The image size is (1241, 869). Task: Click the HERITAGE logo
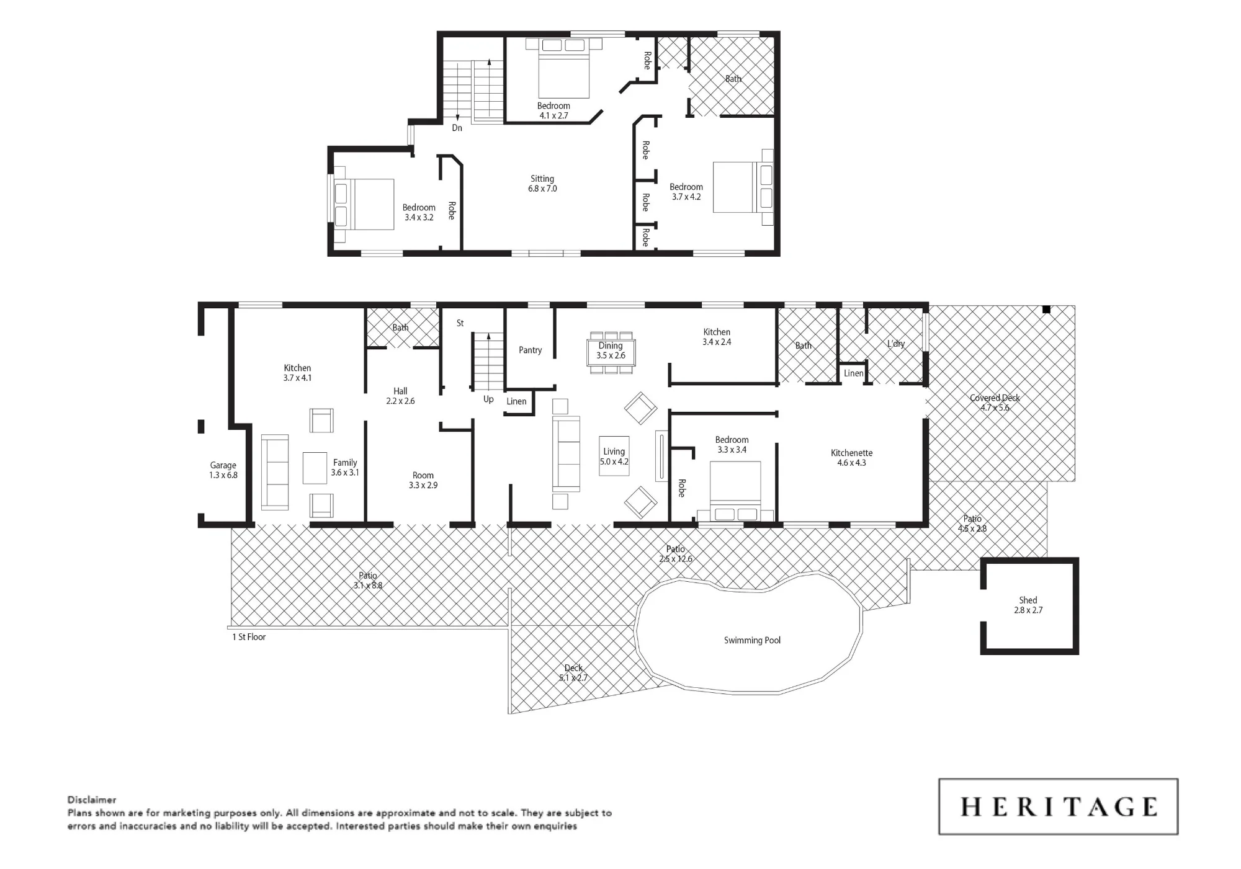(1058, 806)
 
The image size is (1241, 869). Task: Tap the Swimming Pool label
(752, 640)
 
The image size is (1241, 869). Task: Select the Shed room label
(1028, 605)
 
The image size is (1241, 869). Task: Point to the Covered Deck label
(995, 403)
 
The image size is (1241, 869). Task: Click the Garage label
(223, 470)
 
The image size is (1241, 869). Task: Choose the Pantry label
(531, 350)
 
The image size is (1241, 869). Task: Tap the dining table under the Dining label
(611, 353)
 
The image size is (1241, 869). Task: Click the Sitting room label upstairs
(542, 184)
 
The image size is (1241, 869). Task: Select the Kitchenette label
(851, 458)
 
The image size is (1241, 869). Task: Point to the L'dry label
(896, 344)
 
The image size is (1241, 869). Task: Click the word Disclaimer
(92, 800)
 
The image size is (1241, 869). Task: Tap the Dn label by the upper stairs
(457, 128)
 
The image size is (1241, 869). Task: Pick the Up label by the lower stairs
(488, 399)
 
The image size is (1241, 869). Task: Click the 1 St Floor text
(249, 637)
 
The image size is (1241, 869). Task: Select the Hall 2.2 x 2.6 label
(400, 396)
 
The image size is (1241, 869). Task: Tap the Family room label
(345, 467)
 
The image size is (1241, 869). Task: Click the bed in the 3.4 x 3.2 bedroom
(364, 204)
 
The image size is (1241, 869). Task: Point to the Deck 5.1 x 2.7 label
(573, 672)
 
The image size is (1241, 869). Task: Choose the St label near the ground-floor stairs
(460, 323)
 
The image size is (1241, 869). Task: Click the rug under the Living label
(614, 457)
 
